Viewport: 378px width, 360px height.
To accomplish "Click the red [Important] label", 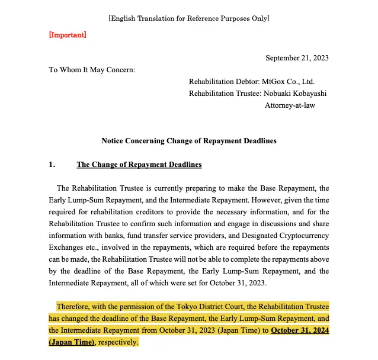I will tap(67, 35).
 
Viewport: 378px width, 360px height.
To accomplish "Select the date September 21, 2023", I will tap(297, 58).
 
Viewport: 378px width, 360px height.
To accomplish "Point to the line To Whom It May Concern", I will tap(92, 70).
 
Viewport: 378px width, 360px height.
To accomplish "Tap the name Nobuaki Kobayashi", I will tap(296, 93).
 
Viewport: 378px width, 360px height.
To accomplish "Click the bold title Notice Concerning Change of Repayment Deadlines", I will tap(189, 141).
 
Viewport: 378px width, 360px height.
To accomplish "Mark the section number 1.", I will tap(52, 165).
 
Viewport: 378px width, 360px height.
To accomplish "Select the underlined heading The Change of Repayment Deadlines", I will tap(139, 165).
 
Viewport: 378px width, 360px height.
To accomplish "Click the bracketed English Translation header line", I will tap(189, 18).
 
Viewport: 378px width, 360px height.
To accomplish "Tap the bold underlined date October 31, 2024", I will tap(300, 330).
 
